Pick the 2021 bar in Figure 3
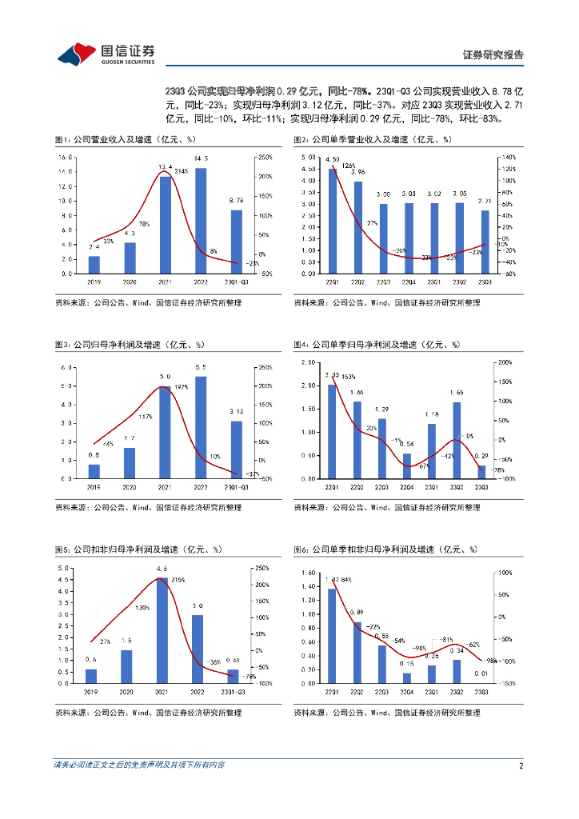(165, 432)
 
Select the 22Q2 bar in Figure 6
(357, 653)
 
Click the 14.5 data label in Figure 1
(201, 158)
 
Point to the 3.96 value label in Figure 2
(357, 172)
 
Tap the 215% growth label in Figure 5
(179, 580)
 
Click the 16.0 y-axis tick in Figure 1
(66, 158)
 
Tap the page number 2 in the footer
(521, 765)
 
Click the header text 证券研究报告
(493, 55)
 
